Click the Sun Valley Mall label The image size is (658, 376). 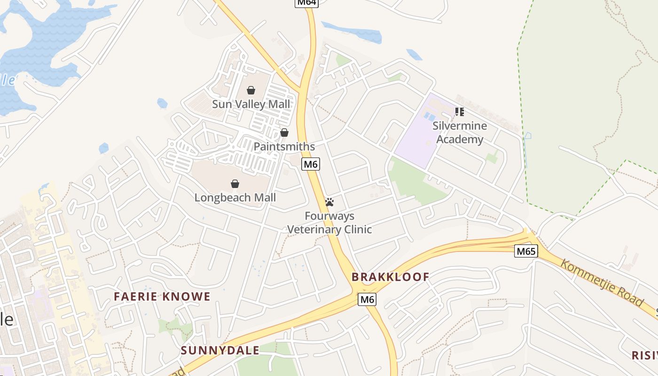pyautogui.click(x=251, y=104)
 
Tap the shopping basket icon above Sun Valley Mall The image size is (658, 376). pyautogui.click(x=251, y=90)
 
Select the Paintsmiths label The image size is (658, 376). pyautogui.click(x=284, y=147)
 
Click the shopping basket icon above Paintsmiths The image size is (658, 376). pyautogui.click(x=284, y=133)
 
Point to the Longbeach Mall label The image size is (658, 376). pyautogui.click(x=235, y=197)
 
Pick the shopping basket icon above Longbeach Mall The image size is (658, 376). pyautogui.click(x=235, y=183)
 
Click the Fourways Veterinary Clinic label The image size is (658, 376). pyautogui.click(x=329, y=223)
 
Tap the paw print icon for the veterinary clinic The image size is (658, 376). pyautogui.click(x=329, y=203)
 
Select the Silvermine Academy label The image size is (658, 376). pyautogui.click(x=459, y=133)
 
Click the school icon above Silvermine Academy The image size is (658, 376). pyautogui.click(x=459, y=112)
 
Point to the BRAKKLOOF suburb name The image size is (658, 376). pyautogui.click(x=390, y=277)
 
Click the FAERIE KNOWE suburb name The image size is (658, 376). pyautogui.click(x=162, y=297)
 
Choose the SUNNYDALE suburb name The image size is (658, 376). pyautogui.click(x=220, y=350)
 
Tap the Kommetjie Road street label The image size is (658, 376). pyautogui.click(x=602, y=283)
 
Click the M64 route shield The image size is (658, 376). pyautogui.click(x=306, y=3)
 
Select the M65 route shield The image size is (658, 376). pyautogui.click(x=526, y=251)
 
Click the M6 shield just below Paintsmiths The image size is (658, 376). pyautogui.click(x=311, y=164)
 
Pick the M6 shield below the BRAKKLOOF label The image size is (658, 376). pyautogui.click(x=367, y=299)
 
